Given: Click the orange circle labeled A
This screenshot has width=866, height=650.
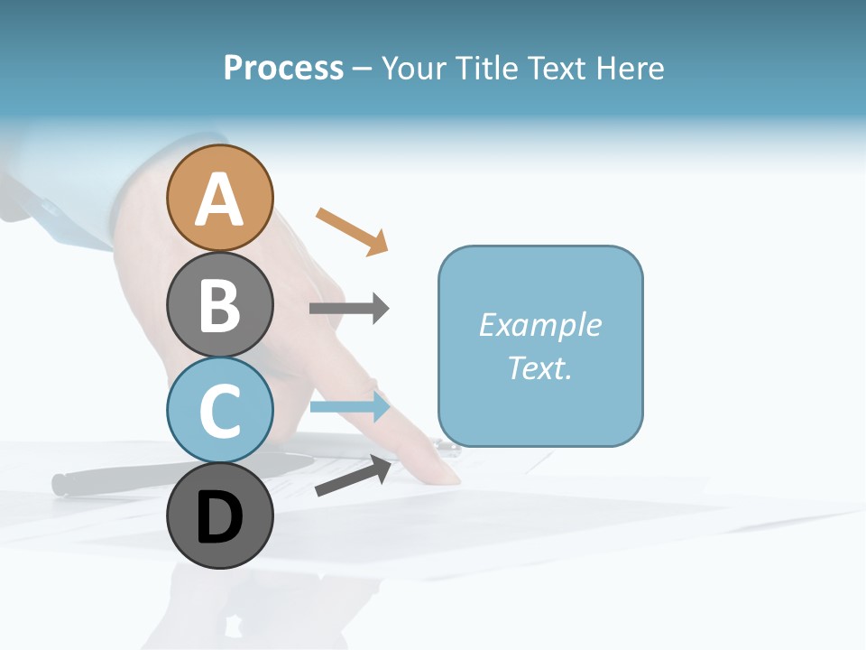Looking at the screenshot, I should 220,198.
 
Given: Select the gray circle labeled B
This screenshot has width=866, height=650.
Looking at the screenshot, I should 220,304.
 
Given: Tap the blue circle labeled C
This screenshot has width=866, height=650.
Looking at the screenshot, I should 220,410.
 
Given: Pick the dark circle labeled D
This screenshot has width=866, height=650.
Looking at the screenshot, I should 220,516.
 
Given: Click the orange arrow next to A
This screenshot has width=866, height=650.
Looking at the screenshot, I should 352,231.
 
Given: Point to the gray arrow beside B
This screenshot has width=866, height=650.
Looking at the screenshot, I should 349,309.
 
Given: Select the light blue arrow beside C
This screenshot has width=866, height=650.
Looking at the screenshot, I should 349,406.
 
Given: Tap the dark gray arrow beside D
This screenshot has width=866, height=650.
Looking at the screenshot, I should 353,476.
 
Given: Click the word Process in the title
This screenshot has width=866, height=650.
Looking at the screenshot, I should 283,68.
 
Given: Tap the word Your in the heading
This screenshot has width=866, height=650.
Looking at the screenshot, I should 415,68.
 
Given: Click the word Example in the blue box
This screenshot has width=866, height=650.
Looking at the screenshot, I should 540,325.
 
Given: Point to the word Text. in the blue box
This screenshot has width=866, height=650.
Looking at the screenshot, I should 540,367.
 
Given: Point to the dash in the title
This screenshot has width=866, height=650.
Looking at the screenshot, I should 362,69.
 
